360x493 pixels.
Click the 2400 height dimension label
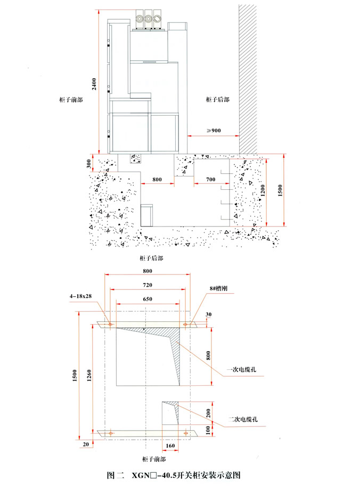click(x=94, y=84)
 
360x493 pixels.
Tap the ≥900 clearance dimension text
click(x=214, y=131)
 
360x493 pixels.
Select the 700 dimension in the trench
click(x=211, y=179)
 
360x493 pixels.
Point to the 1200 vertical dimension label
click(x=263, y=190)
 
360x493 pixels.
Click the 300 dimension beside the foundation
click(x=88, y=164)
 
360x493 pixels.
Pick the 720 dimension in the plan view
click(x=148, y=285)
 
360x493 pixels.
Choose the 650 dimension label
click(x=148, y=299)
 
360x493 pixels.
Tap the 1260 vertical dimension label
click(x=89, y=375)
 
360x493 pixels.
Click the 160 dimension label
click(x=170, y=446)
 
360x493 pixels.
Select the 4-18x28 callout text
click(x=81, y=296)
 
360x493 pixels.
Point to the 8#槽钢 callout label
click(x=219, y=288)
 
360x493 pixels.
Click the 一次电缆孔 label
click(x=242, y=369)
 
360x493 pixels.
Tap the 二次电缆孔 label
click(x=243, y=419)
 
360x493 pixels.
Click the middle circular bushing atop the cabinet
click(x=148, y=19)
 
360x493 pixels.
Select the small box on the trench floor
click(x=146, y=215)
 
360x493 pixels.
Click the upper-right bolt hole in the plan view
click(x=185, y=324)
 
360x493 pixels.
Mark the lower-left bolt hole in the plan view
click(x=111, y=433)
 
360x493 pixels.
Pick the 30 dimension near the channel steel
click(x=209, y=314)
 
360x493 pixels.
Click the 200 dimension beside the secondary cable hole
click(x=208, y=413)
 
